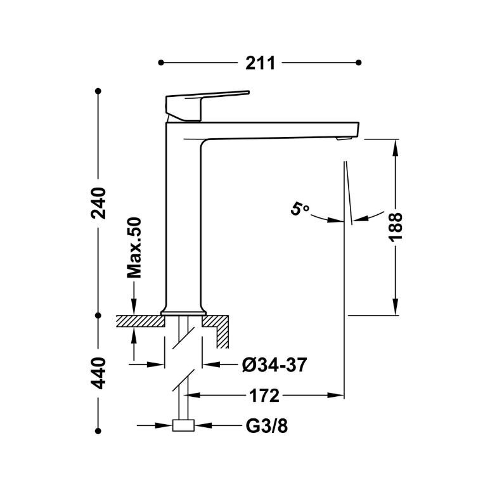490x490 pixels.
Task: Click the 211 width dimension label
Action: tap(260, 63)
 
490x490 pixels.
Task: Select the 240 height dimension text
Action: tap(99, 203)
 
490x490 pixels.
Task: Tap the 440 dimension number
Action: tap(99, 373)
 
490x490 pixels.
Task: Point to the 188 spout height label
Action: tap(396, 227)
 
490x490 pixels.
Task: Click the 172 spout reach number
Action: tap(264, 396)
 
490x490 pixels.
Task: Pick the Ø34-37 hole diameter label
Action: tap(274, 364)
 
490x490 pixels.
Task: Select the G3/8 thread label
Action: tap(267, 425)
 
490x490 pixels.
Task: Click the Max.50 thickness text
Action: tap(134, 247)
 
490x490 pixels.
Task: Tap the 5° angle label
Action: tap(300, 209)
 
